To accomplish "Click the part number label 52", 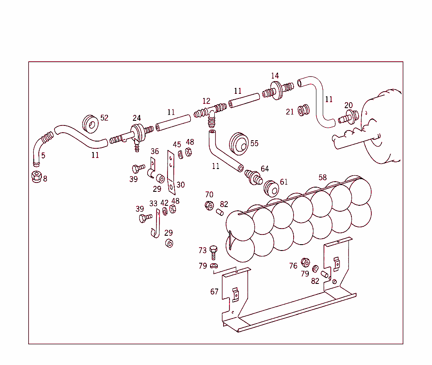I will pyautogui.click(x=104, y=118).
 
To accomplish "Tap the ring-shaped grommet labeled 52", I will pyautogui.click(x=91, y=123).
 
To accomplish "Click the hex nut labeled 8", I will pyautogui.click(x=36, y=177).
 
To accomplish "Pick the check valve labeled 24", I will pyautogui.click(x=136, y=134).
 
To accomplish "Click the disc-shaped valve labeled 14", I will pyautogui.click(x=277, y=90).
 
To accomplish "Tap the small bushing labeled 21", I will pyautogui.click(x=303, y=111).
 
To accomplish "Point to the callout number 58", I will pyautogui.click(x=322, y=177).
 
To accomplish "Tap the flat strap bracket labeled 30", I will pyautogui.click(x=171, y=172).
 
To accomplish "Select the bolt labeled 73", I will pyautogui.click(x=213, y=252).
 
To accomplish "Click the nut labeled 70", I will pyautogui.click(x=209, y=206).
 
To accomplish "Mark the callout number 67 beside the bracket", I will pyautogui.click(x=214, y=291).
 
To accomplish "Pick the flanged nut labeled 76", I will pyautogui.click(x=305, y=262).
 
